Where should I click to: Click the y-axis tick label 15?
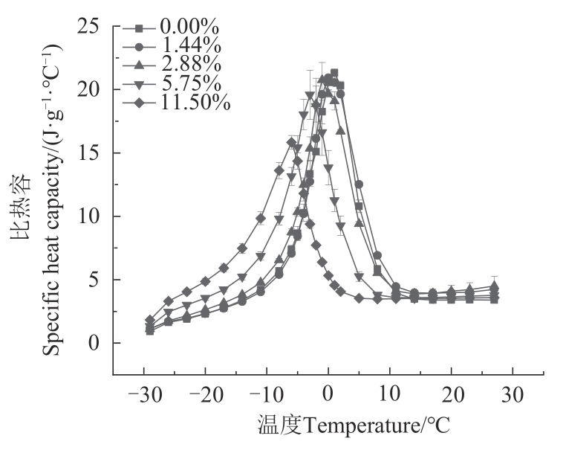[87, 153]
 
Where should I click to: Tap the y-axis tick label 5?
[93, 280]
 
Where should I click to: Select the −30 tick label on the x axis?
[143, 394]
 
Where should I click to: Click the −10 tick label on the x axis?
[266, 394]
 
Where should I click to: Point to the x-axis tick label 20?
[451, 394]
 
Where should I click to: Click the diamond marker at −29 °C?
[150, 321]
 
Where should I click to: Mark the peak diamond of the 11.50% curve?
[292, 142]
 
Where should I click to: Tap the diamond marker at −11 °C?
[261, 218]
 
